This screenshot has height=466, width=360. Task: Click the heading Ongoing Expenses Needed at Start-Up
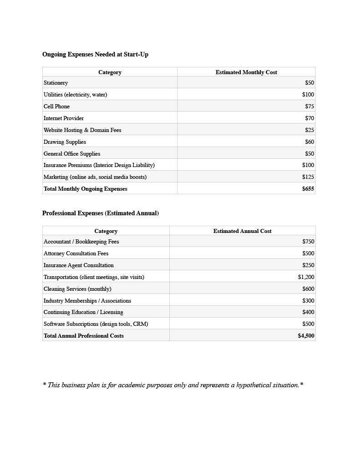pos(95,55)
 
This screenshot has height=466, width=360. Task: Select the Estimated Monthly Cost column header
pos(246,72)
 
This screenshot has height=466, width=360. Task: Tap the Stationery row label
pos(56,83)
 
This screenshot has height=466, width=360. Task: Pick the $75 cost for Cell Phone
pos(309,106)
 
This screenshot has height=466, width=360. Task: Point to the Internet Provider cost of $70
pos(309,118)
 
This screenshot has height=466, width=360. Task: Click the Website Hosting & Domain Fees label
pos(82,130)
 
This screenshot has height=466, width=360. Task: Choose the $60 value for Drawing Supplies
pos(309,142)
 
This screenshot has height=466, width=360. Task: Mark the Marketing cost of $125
pos(308,177)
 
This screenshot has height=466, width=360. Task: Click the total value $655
pos(308,189)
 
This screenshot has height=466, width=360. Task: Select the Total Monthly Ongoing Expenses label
pos(86,189)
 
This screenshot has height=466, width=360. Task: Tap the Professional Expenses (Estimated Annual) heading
pos(101,213)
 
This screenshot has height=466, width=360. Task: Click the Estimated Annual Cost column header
pos(242,231)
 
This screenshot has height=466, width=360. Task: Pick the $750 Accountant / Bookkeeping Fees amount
pos(308,242)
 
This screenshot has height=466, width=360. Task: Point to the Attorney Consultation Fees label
pos(76,253)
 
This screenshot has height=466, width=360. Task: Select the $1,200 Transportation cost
pos(306,277)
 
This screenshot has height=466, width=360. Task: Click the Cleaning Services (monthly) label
pos(77,289)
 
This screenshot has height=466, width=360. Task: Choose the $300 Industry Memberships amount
pos(308,301)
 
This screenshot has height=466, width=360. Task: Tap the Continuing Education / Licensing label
pos(83,312)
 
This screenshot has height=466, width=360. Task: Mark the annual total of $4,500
pos(306,336)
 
